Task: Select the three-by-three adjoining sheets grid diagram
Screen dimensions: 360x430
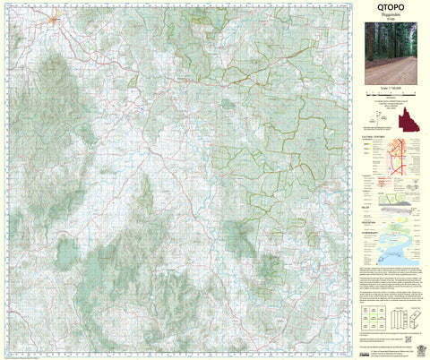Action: (x=373, y=315)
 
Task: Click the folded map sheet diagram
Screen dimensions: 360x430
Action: (x=403, y=315)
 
